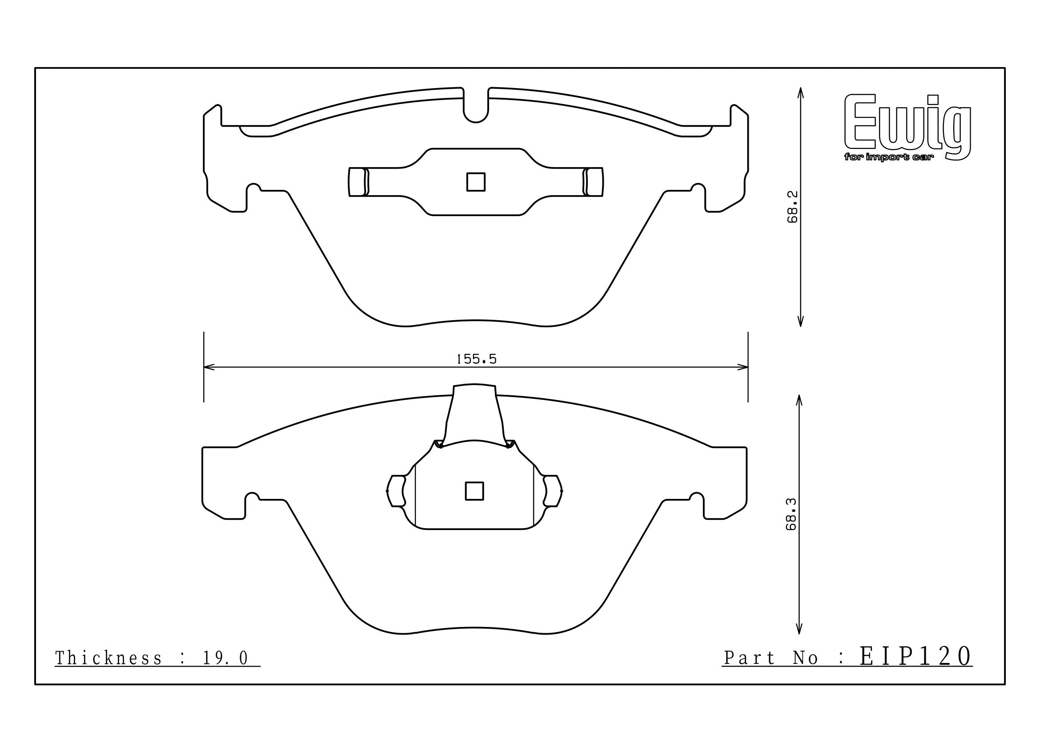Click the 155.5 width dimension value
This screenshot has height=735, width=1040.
[x=476, y=359]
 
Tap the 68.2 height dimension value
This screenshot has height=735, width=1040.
[x=792, y=207]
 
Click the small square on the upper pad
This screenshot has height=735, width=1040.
[x=476, y=182]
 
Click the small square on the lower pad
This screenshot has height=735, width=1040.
[x=474, y=491]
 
